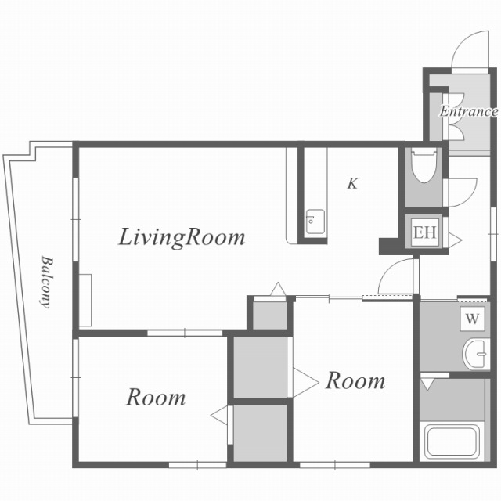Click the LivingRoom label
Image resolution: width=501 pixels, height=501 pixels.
click(182, 238)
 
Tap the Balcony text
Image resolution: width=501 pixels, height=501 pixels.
click(46, 282)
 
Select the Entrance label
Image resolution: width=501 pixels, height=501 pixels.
click(468, 111)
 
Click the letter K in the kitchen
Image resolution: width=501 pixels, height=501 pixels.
click(353, 183)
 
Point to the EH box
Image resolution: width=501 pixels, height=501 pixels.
click(424, 232)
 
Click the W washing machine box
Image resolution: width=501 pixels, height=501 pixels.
click(472, 319)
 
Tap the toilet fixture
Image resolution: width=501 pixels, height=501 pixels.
click(424, 165)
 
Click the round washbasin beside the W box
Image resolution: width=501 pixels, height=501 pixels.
click(476, 355)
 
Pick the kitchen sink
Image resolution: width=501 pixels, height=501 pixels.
click(315, 222)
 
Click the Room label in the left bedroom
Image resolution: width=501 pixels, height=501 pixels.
click(156, 397)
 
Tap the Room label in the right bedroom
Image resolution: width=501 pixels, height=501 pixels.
click(355, 380)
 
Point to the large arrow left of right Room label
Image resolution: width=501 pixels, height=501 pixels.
click(306, 383)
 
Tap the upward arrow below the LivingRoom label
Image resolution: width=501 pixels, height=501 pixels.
click(279, 289)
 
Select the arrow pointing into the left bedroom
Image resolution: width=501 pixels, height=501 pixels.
click(219, 416)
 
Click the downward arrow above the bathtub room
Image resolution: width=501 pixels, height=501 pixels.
click(427, 384)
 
